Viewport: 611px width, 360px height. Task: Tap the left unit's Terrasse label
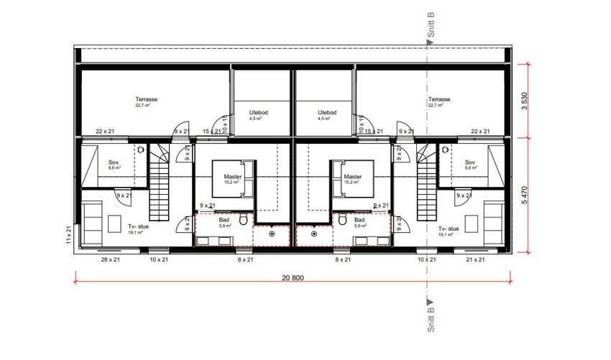pos(147,100)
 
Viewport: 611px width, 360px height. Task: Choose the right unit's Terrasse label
pos(438,100)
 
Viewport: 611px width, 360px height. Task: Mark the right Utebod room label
pos(327,113)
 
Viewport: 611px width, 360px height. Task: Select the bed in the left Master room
pos(232,178)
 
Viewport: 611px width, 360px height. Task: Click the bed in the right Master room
pos(352,178)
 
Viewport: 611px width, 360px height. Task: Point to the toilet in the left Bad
pos(244,219)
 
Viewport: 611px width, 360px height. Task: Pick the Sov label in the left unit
pos(114,163)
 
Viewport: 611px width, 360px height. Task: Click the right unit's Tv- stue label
pos(449,229)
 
